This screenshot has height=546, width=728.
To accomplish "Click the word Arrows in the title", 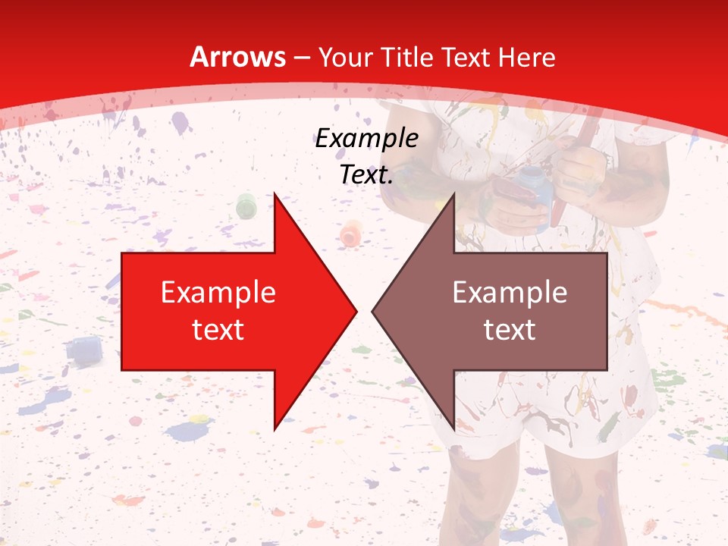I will [x=237, y=57].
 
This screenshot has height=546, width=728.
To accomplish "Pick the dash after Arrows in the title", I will [x=302, y=58].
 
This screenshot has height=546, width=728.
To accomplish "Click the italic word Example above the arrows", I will [x=366, y=139].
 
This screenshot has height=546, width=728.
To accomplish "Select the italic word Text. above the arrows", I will [x=366, y=174].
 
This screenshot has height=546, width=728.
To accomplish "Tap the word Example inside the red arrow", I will [x=218, y=292].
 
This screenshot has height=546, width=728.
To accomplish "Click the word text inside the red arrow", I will [x=218, y=330].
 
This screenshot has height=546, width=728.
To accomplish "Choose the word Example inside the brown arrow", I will [x=510, y=292].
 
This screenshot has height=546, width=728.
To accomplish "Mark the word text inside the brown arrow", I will [x=510, y=330].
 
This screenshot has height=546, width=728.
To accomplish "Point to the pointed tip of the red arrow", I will [x=355, y=311].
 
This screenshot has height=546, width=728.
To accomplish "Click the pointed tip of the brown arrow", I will [x=374, y=311].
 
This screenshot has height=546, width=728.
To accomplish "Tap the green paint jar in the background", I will [x=246, y=206].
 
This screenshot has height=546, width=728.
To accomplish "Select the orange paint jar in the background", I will [x=350, y=232].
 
